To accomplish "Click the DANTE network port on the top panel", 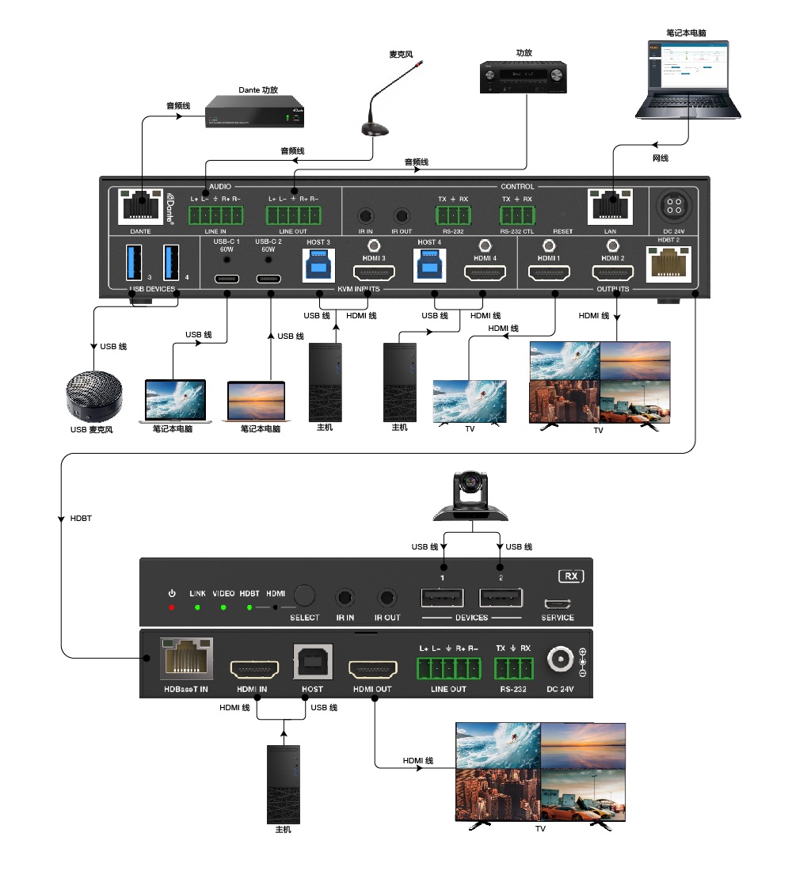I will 140,207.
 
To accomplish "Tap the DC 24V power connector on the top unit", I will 674,207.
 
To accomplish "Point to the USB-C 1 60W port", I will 227,278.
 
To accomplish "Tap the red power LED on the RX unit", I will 171,607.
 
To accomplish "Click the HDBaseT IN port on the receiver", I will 187,659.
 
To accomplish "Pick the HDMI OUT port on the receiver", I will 372,669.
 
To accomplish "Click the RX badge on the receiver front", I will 570,576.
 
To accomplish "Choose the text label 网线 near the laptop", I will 660,158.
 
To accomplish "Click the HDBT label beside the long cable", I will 81,518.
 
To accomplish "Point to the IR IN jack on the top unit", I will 364,215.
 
